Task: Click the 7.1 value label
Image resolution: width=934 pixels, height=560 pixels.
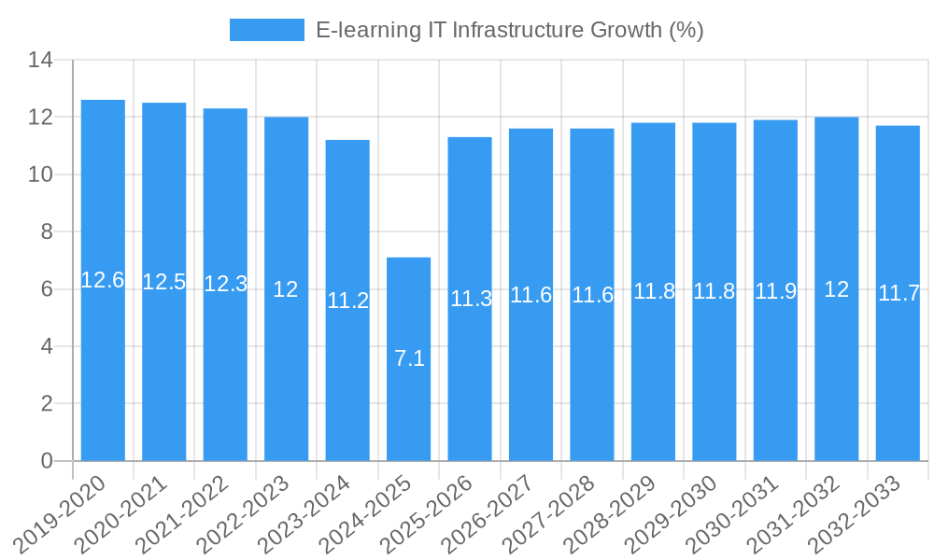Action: point(409,357)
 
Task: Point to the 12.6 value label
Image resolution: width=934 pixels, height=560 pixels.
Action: point(103,280)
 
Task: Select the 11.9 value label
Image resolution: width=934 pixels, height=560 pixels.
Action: point(775,291)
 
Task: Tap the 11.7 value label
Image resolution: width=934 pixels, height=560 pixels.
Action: point(899,293)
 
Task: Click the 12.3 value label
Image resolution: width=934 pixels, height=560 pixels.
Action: point(225,284)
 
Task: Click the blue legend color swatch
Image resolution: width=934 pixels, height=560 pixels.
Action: point(267,30)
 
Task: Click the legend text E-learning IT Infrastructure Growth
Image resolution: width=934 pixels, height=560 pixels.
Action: point(509,30)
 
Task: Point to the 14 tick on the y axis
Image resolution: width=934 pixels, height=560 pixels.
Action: point(40,61)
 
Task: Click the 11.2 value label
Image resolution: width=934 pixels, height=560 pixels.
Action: point(347,301)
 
